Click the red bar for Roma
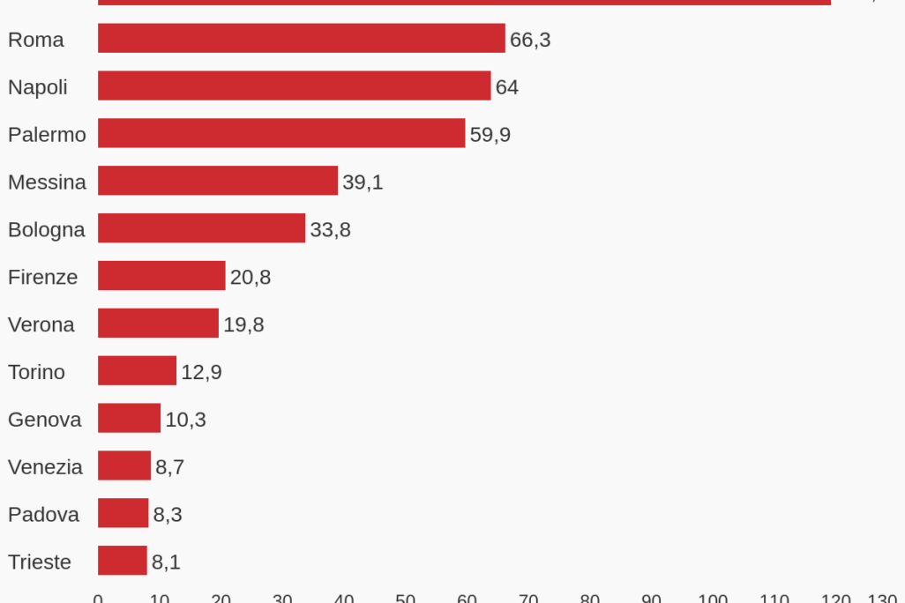click(301, 39)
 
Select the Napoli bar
click(294, 86)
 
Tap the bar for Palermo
click(281, 134)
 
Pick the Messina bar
click(218, 181)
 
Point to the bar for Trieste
click(123, 561)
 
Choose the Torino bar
click(137, 371)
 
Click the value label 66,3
click(530, 40)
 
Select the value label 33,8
click(330, 230)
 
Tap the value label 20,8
click(251, 278)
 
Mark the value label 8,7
click(169, 467)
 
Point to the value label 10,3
click(185, 420)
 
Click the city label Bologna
click(47, 230)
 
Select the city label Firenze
click(42, 278)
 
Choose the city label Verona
click(41, 325)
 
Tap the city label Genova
click(45, 420)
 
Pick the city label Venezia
click(45, 467)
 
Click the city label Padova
click(43, 515)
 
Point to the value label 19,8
click(243, 325)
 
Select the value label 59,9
click(490, 135)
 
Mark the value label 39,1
click(363, 182)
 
